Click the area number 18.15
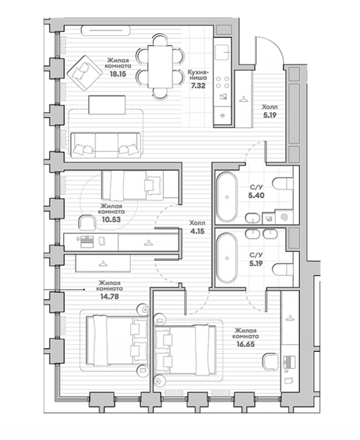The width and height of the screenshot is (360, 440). [117, 74]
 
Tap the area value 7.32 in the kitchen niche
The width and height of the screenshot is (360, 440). [198, 85]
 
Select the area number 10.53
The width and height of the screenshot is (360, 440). [111, 219]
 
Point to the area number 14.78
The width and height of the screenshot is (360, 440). [109, 296]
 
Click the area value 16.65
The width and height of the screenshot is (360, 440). [245, 344]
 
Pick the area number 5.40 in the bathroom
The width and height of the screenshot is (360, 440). [256, 195]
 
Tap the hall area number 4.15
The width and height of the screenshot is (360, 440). [197, 231]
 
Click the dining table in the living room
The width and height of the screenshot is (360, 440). [160, 67]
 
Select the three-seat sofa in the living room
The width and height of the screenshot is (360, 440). [106, 145]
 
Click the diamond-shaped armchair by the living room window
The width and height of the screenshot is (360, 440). [84, 73]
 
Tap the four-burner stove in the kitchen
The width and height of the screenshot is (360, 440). [222, 82]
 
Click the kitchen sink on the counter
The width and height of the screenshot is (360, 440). [223, 52]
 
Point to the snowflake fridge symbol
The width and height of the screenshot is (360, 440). [222, 116]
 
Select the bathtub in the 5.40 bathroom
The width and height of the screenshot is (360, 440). [227, 197]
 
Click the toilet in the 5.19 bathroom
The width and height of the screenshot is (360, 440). [283, 270]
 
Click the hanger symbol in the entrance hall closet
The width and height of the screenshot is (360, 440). [243, 99]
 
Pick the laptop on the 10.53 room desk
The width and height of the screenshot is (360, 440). [86, 241]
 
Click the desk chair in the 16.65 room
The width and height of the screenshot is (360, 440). [271, 361]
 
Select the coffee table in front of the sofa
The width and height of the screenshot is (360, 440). [107, 105]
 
